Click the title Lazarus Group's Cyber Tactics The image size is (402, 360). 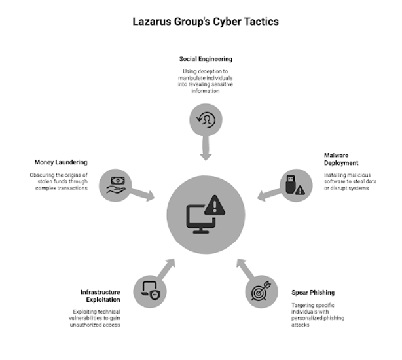[x=206, y=22]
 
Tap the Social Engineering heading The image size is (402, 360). [x=206, y=59]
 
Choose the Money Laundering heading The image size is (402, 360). [x=60, y=162]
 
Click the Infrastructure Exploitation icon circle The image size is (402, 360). [x=149, y=288]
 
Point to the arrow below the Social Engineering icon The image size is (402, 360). [x=206, y=149]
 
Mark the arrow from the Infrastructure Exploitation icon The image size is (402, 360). [x=167, y=267]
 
